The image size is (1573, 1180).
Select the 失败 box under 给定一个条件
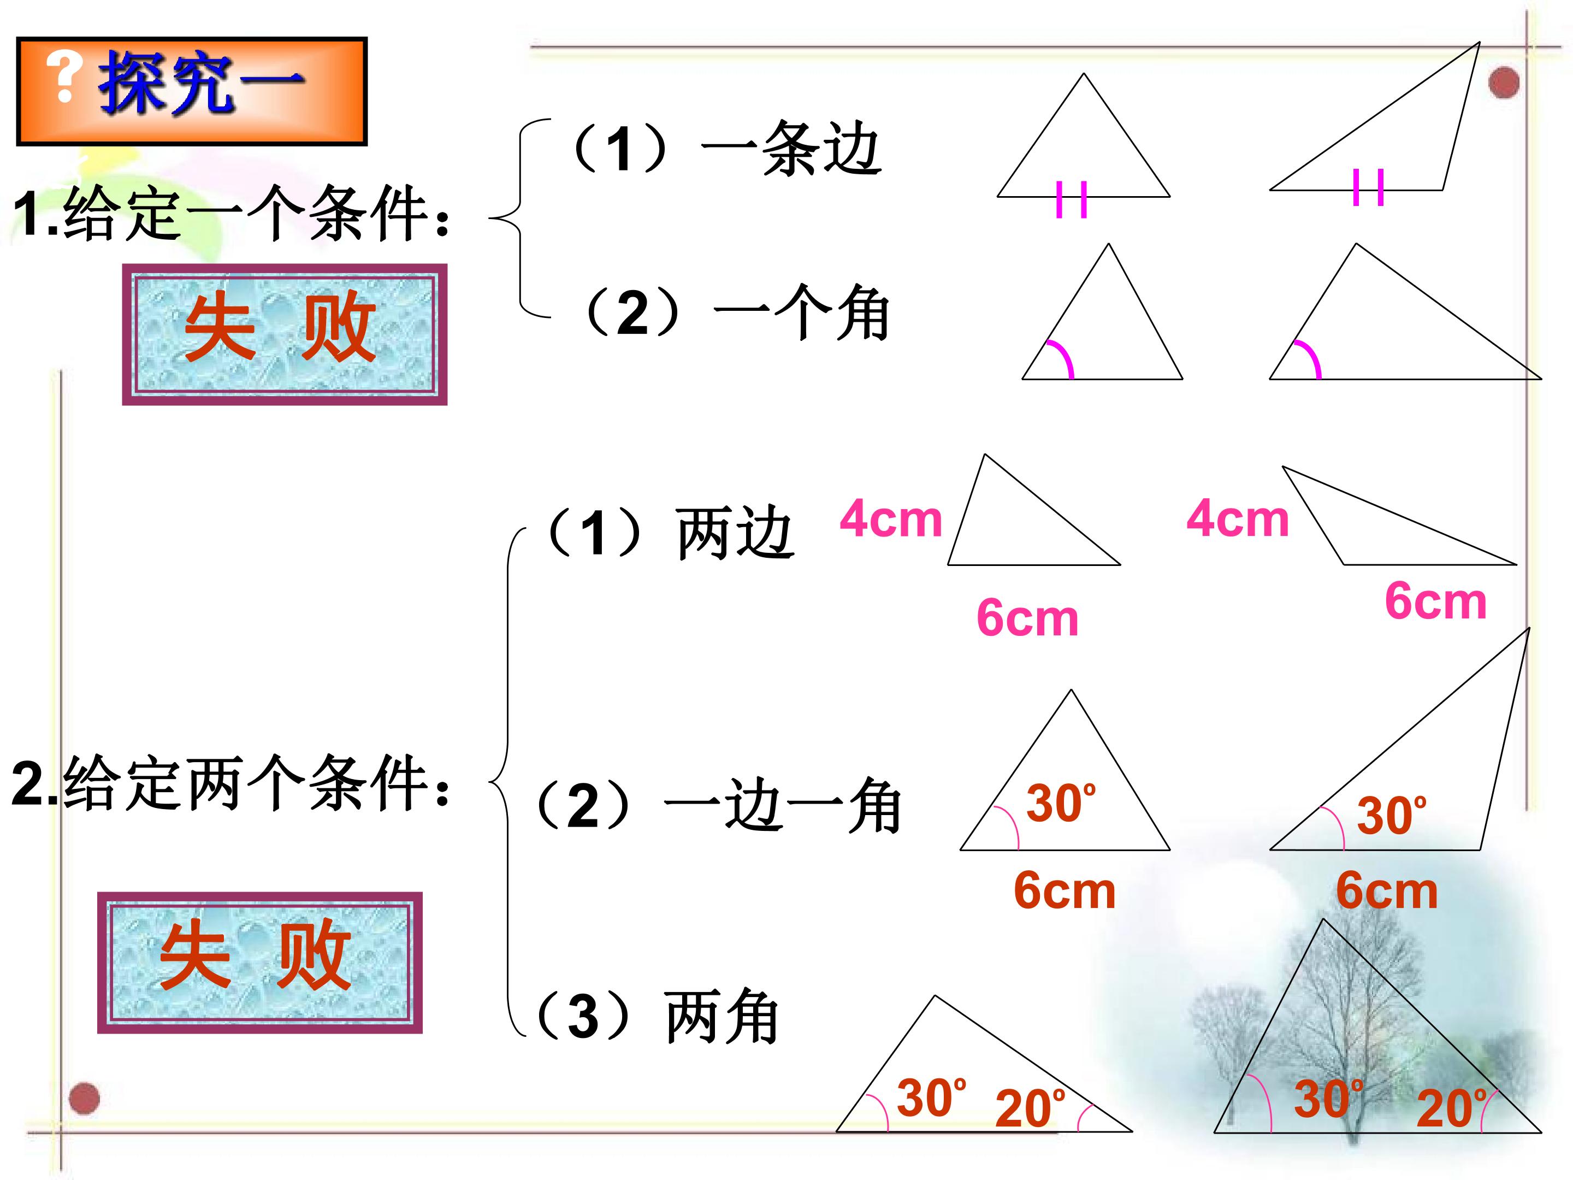click(x=285, y=334)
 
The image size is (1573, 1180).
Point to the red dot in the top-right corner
click(x=1503, y=82)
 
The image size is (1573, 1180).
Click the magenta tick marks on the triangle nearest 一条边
click(x=1072, y=199)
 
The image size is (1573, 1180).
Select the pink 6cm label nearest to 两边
click(x=1027, y=617)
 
